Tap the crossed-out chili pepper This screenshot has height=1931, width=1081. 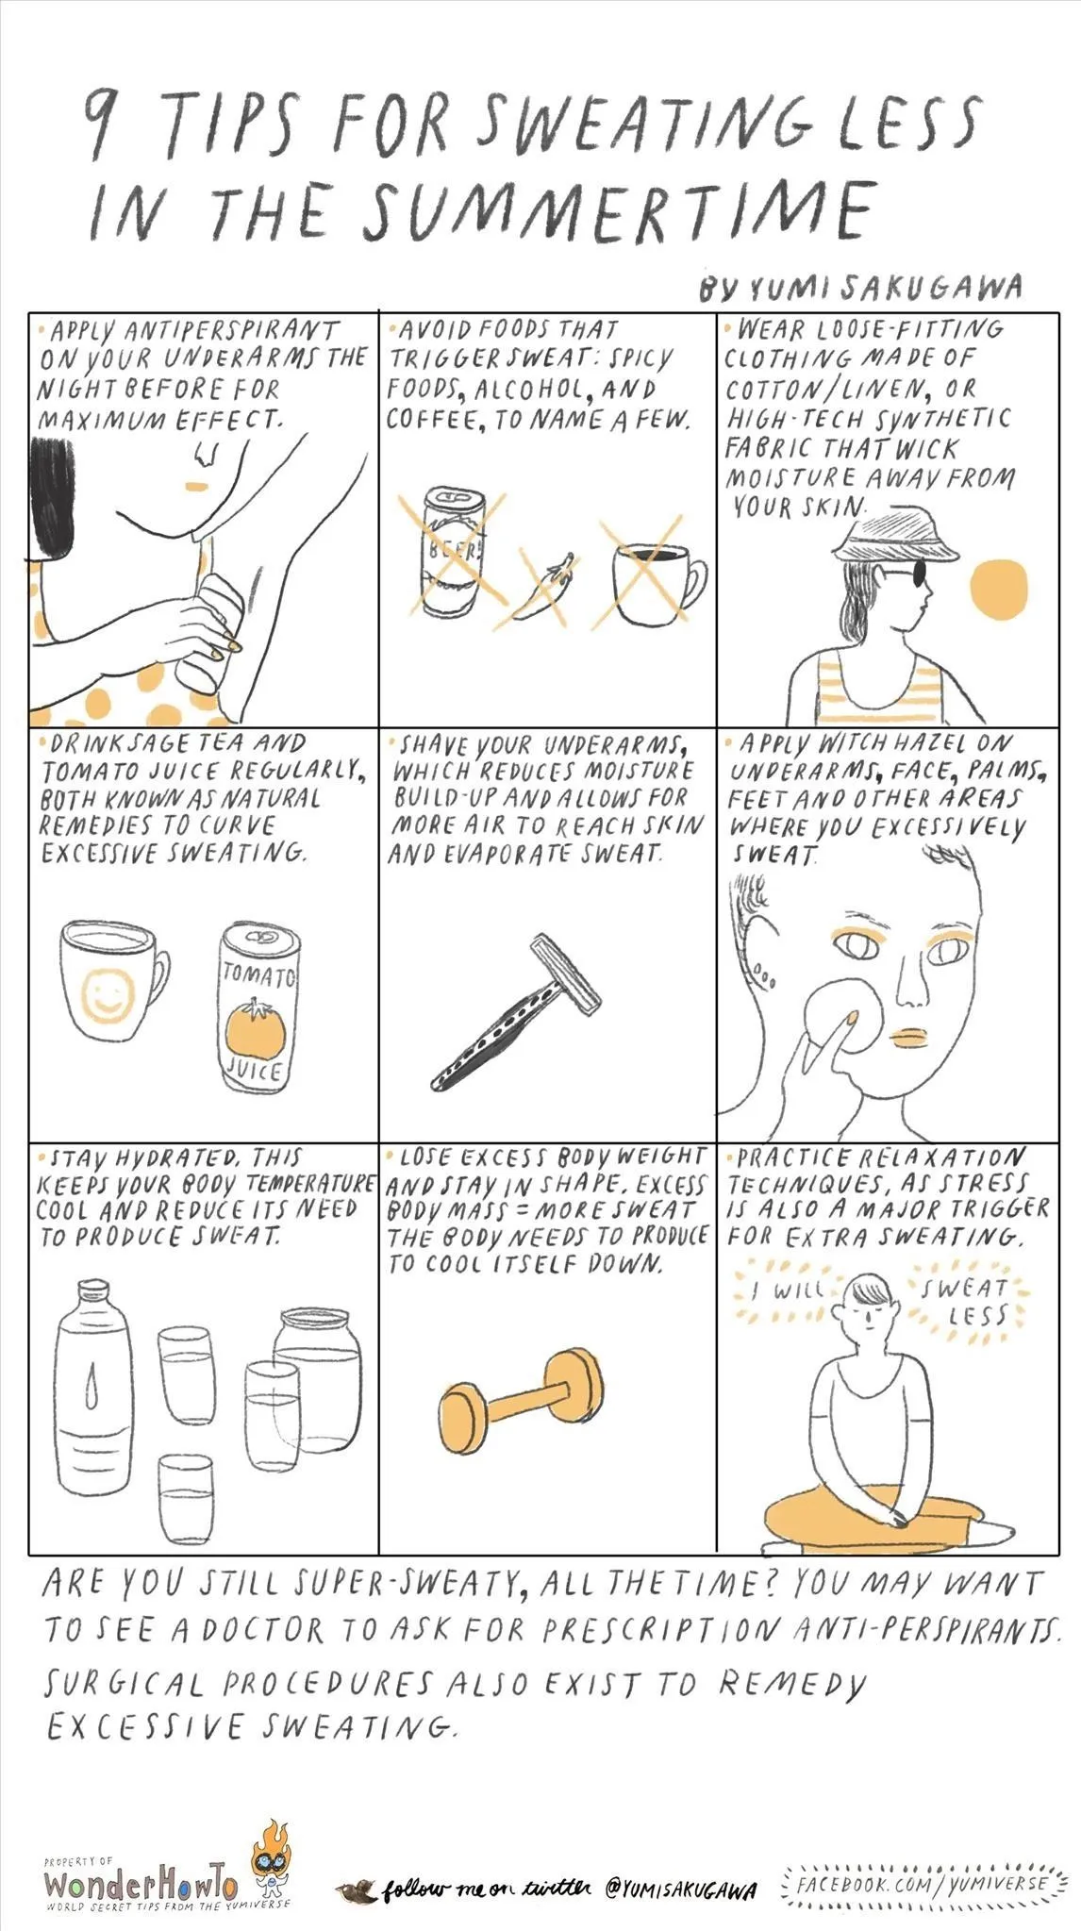tap(542, 591)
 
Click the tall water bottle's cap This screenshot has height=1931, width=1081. tap(92, 1291)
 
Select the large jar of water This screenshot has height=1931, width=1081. tap(317, 1377)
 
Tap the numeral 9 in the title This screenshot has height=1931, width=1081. tap(98, 125)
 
